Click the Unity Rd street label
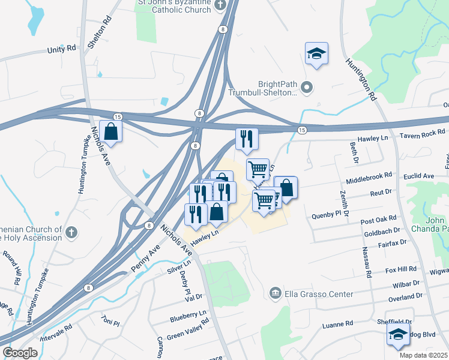pyautogui.click(x=62, y=50)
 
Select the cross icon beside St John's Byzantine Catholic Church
pyautogui.click(x=220, y=5)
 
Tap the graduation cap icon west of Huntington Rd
pyautogui.click(x=316, y=54)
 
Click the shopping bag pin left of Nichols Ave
pyautogui.click(x=111, y=130)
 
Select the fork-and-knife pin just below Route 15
pyautogui.click(x=247, y=139)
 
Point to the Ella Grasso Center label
pyautogui.click(x=318, y=294)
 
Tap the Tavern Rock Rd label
pyautogui.click(x=423, y=133)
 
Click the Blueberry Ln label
pyautogui.click(x=188, y=314)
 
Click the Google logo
pyautogui.click(x=20, y=353)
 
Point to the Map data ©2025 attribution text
pyautogui.click(x=423, y=355)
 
